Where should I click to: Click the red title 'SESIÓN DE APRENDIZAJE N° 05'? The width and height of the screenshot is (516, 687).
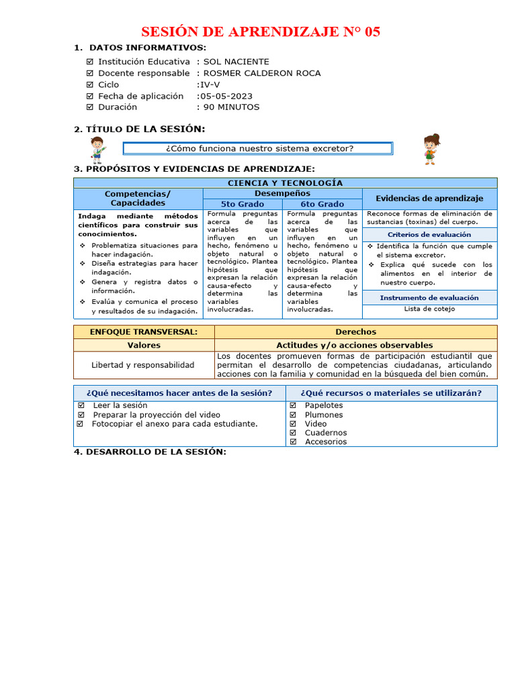pyautogui.click(x=260, y=32)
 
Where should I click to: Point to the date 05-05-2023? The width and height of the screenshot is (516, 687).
pyautogui.click(x=226, y=96)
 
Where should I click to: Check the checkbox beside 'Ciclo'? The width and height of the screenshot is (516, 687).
pyautogui.click(x=90, y=85)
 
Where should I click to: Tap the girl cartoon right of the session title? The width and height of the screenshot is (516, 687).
pyautogui.click(x=430, y=149)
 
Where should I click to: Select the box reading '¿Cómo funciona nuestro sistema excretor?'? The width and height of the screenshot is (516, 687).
pyautogui.click(x=259, y=148)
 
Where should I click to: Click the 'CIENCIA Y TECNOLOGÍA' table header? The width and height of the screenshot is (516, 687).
pyautogui.click(x=285, y=182)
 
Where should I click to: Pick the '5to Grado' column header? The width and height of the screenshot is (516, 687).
pyautogui.click(x=243, y=204)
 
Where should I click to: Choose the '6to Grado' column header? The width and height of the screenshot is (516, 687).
pyautogui.click(x=322, y=204)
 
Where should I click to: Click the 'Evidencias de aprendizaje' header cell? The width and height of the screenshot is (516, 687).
pyautogui.click(x=429, y=199)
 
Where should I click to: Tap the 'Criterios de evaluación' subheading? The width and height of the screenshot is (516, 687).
pyautogui.click(x=429, y=235)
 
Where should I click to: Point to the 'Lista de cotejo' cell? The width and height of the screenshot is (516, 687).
pyautogui.click(x=429, y=309)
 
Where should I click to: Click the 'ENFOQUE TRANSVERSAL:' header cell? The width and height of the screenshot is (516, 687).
pyautogui.click(x=144, y=332)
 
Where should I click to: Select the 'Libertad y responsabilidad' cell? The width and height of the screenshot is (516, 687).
pyautogui.click(x=143, y=365)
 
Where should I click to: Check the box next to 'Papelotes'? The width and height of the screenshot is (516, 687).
pyautogui.click(x=293, y=406)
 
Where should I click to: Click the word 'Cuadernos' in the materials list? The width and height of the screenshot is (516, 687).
pyautogui.click(x=326, y=433)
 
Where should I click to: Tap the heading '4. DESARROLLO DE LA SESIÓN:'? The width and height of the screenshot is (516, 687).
pyautogui.click(x=150, y=452)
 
